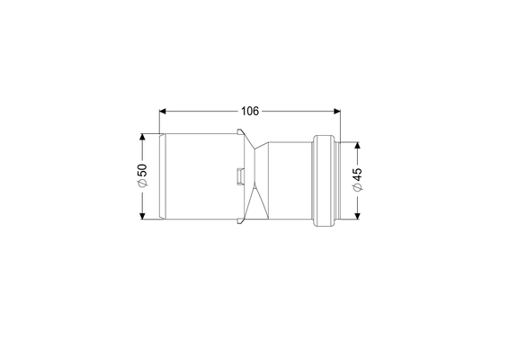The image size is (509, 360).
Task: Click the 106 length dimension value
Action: coord(250,111)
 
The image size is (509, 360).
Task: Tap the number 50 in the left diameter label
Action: coord(142,170)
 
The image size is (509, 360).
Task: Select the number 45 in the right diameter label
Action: coord(357,175)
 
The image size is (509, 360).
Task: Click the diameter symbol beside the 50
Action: coord(142,183)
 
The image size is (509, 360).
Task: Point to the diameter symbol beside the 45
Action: coord(357,187)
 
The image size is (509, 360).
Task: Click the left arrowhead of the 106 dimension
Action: coord(163,112)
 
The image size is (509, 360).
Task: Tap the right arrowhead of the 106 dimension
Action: coord(337,112)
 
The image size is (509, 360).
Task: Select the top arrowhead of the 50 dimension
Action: coord(142,137)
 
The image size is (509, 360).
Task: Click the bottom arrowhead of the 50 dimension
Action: coord(142,216)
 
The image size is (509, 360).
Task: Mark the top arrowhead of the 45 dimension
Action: coord(357,145)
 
